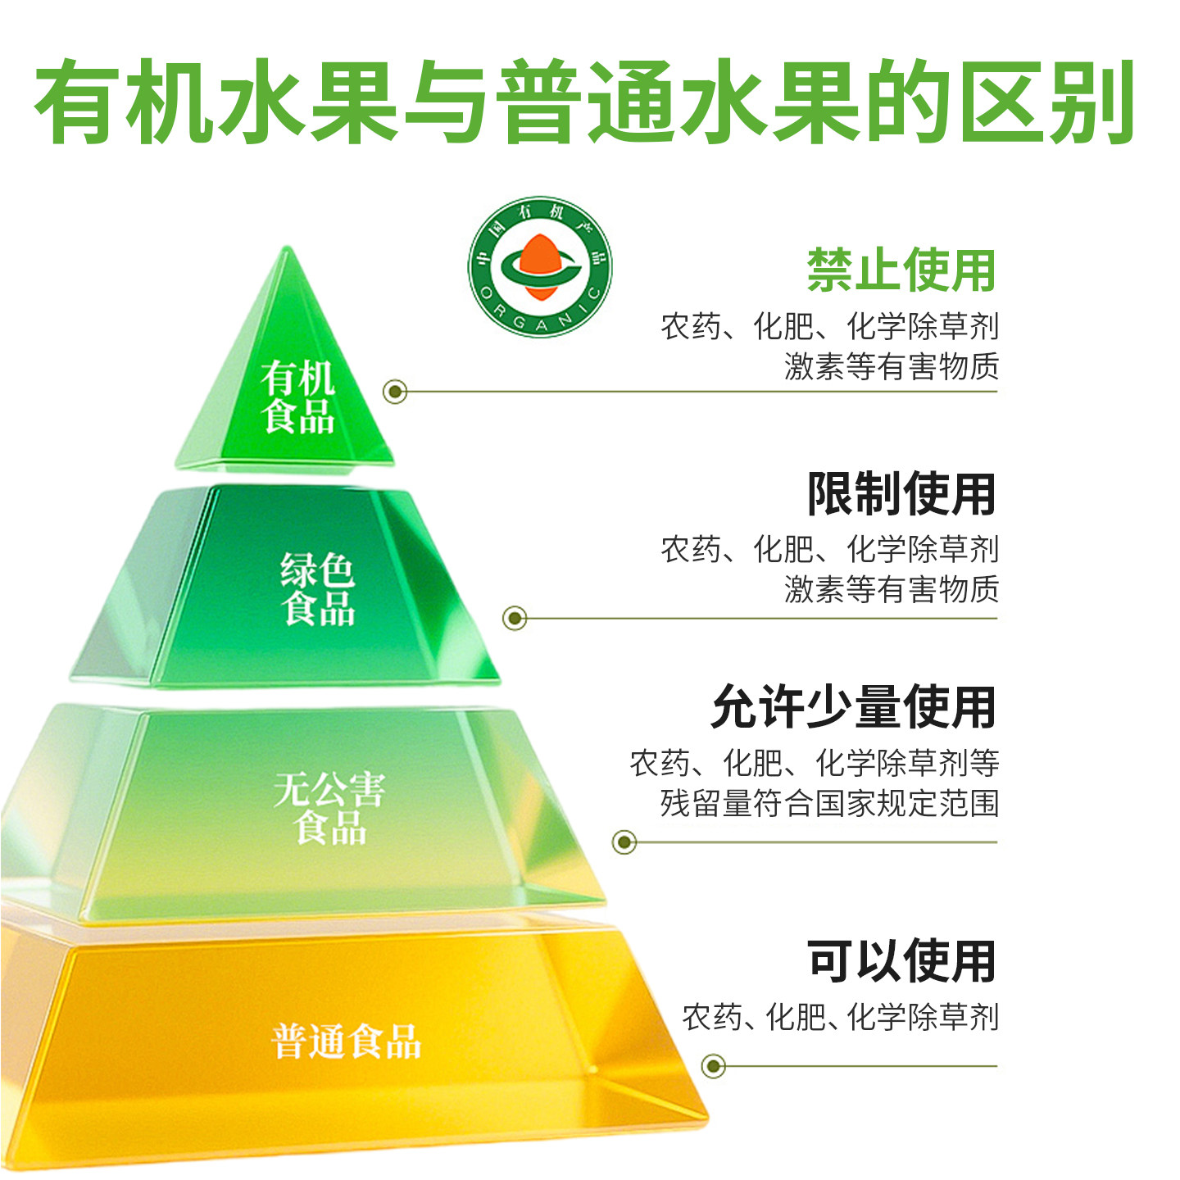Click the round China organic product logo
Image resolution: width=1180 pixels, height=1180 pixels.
pos(540,267)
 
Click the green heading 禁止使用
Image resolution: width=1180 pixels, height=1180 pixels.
pos(901,270)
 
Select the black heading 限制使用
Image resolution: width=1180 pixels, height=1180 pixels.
pos(901,494)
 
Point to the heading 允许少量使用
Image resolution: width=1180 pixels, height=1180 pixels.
pos(853,707)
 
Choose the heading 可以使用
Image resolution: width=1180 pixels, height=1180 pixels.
pos(901,961)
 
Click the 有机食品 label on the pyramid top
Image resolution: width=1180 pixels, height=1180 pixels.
pos(298,397)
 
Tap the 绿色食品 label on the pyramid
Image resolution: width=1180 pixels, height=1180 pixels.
pos(318,589)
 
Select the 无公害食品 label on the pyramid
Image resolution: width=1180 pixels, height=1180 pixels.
pos(329,808)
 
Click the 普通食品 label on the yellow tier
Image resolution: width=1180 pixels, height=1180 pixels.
pos(346,1042)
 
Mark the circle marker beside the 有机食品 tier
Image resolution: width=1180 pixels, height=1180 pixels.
pos(396,392)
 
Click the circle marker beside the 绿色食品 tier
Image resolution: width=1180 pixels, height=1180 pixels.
pos(515,618)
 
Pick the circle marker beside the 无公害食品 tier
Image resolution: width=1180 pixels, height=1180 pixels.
pos(624,842)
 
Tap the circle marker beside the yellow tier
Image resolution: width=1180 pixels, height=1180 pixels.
pos(714,1066)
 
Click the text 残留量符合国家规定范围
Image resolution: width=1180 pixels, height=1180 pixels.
pos(829,803)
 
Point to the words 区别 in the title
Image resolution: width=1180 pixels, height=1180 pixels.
pos(1048,102)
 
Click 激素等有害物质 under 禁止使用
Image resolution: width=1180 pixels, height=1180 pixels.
pos(892,366)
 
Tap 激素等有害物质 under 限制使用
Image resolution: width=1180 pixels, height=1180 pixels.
pos(892,589)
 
